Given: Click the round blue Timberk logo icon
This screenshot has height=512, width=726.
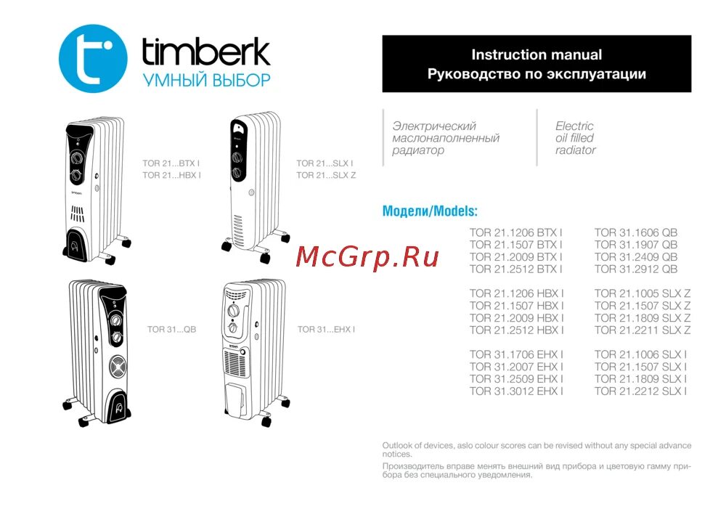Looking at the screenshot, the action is point(92,58).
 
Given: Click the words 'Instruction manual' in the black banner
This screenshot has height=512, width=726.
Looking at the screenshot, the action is point(537,54).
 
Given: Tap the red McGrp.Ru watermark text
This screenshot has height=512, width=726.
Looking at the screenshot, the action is point(368,256).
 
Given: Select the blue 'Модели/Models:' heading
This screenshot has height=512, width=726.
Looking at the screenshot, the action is point(430,211).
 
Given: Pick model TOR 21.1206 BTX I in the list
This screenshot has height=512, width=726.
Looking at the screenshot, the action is point(516,233).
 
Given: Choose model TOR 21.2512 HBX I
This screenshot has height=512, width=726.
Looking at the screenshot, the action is point(517,330).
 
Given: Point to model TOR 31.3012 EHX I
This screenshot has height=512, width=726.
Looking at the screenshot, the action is point(517,391).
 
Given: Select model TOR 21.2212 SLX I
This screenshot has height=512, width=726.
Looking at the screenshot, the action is point(641,391).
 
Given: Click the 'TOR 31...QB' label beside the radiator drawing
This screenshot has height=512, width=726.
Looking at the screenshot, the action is point(172,330).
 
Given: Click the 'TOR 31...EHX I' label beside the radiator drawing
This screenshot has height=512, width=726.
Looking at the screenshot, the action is point(326,330).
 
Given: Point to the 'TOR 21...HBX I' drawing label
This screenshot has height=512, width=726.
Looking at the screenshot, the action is point(172,175).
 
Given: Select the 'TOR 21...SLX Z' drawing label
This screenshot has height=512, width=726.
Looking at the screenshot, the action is point(326,175).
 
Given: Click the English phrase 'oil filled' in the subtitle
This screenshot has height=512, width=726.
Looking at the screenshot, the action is point(574,138).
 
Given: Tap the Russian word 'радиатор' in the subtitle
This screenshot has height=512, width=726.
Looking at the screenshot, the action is point(417,150).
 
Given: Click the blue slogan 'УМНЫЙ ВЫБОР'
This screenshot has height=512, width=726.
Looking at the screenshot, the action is point(206,80).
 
